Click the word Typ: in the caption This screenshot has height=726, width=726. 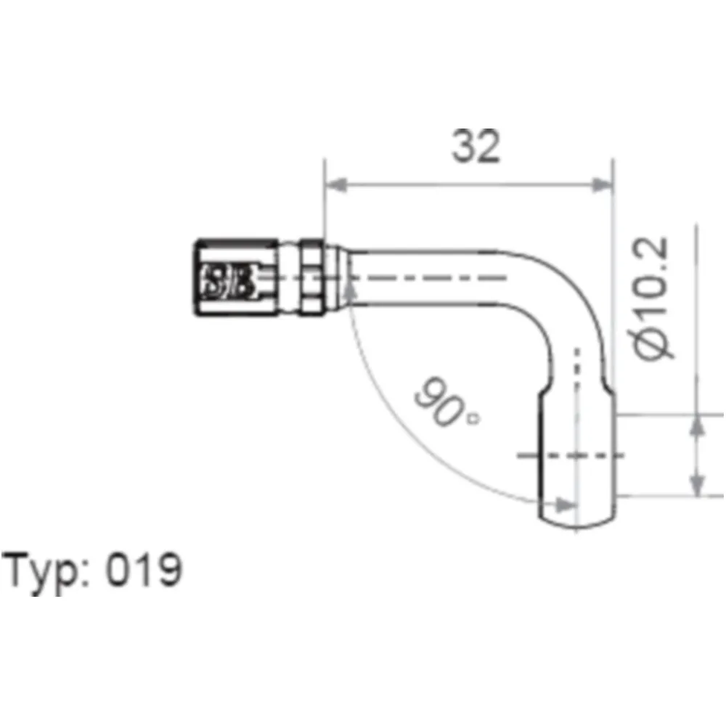click(46, 571)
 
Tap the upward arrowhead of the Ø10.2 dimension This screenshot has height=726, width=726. click(696, 427)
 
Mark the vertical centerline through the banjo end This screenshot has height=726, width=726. click(577, 407)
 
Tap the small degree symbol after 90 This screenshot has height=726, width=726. click(473, 417)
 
